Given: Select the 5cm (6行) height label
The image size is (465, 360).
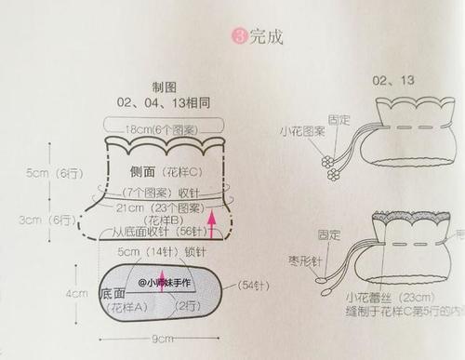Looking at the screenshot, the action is pos(53,173).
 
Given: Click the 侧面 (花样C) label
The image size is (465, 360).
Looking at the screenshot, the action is pos(158,173).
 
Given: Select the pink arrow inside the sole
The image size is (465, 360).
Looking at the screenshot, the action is pos(160,283).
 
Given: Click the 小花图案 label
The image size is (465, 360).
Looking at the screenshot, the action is pos(299,132).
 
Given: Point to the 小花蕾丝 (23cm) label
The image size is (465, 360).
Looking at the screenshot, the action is pos(372,298).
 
